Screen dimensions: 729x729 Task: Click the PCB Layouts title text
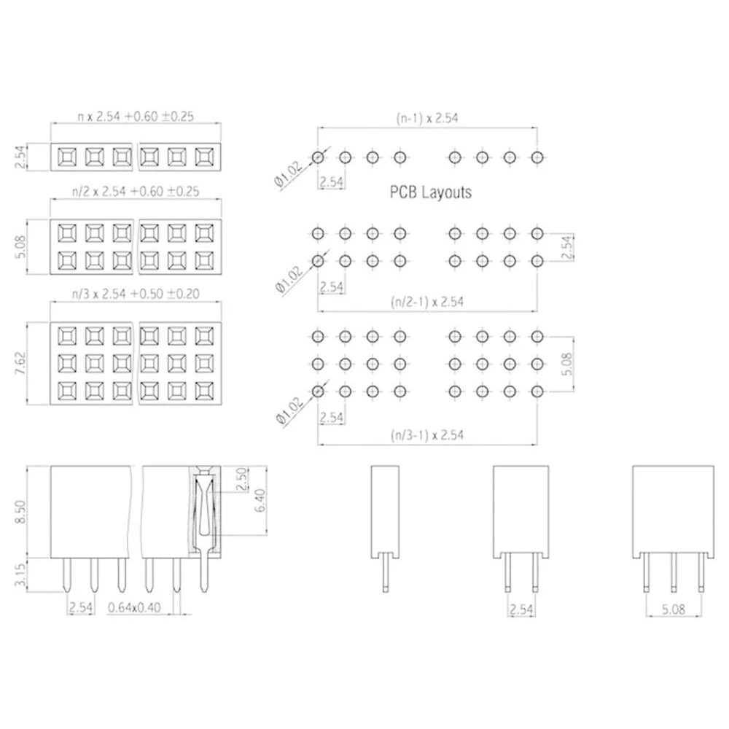(x=430, y=192)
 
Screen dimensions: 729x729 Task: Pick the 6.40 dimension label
(x=260, y=502)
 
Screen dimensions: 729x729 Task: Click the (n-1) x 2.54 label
(x=426, y=117)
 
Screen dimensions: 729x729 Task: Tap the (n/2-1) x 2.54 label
(x=426, y=300)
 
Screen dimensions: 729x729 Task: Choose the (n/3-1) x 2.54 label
(x=426, y=435)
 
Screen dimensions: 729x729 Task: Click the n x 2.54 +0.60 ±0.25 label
(x=135, y=116)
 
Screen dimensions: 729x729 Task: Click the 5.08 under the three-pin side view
(x=672, y=608)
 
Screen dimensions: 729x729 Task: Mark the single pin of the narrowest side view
(x=386, y=573)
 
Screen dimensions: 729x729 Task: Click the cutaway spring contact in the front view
(x=204, y=510)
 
